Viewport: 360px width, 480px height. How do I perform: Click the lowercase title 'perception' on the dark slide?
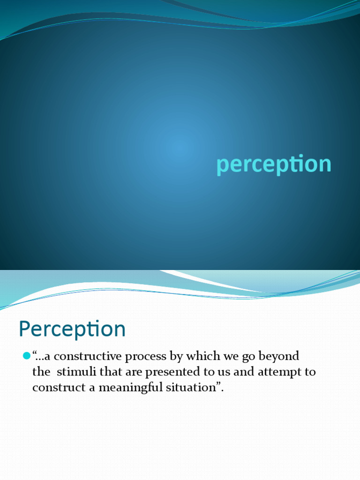tap(274, 165)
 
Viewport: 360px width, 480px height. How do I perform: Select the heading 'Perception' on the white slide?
tap(72, 329)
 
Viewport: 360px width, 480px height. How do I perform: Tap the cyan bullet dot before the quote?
tap(26, 357)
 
